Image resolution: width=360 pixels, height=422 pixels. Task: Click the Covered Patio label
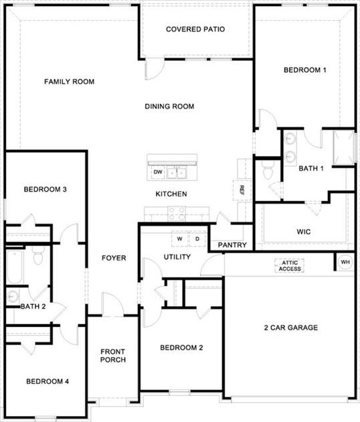(195, 29)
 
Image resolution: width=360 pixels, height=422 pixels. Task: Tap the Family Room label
(69, 82)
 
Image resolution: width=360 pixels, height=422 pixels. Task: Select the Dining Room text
(169, 106)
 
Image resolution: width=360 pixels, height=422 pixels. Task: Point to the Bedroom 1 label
(305, 70)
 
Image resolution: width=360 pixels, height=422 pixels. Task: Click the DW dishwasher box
(158, 172)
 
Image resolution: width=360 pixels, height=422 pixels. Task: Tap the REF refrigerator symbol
(241, 190)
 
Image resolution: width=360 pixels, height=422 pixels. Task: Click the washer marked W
(179, 238)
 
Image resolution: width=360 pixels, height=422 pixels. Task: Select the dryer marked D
(198, 238)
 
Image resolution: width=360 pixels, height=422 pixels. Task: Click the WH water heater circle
(345, 262)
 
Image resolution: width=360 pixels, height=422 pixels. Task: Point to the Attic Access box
(290, 265)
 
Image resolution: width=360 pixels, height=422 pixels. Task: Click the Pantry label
(232, 245)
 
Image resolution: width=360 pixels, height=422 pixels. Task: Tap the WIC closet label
(304, 232)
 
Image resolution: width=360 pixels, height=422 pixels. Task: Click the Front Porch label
(113, 356)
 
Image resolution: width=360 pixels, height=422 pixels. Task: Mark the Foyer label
(114, 258)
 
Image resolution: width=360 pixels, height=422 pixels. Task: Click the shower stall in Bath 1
(343, 148)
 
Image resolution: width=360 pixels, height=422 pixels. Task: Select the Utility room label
(177, 257)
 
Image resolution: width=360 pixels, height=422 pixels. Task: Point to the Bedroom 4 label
(47, 382)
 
